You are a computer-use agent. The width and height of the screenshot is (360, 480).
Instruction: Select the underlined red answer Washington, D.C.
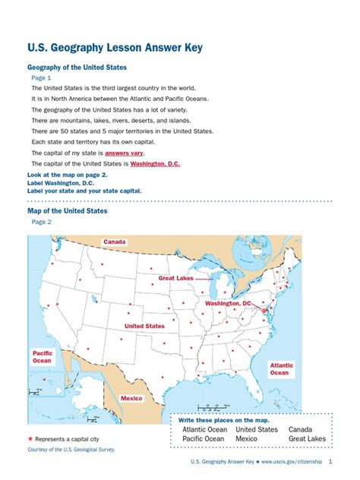pyautogui.click(x=155, y=163)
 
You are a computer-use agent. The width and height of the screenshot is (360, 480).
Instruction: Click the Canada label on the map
pyautogui.click(x=114, y=242)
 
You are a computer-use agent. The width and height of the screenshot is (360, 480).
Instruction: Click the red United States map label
pyautogui.click(x=144, y=326)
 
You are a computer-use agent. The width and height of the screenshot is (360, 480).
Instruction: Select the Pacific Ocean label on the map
pyautogui.click(x=42, y=357)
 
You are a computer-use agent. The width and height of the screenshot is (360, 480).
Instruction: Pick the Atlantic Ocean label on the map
pyautogui.click(x=279, y=369)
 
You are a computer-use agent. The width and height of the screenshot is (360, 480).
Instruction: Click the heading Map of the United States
pyautogui.click(x=68, y=210)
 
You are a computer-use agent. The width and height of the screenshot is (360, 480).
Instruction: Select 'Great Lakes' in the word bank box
pyautogui.click(x=307, y=439)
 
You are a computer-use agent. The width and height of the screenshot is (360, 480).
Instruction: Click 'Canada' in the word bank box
pyautogui.click(x=300, y=429)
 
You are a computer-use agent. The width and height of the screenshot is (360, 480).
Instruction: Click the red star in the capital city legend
pyautogui.click(x=30, y=440)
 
